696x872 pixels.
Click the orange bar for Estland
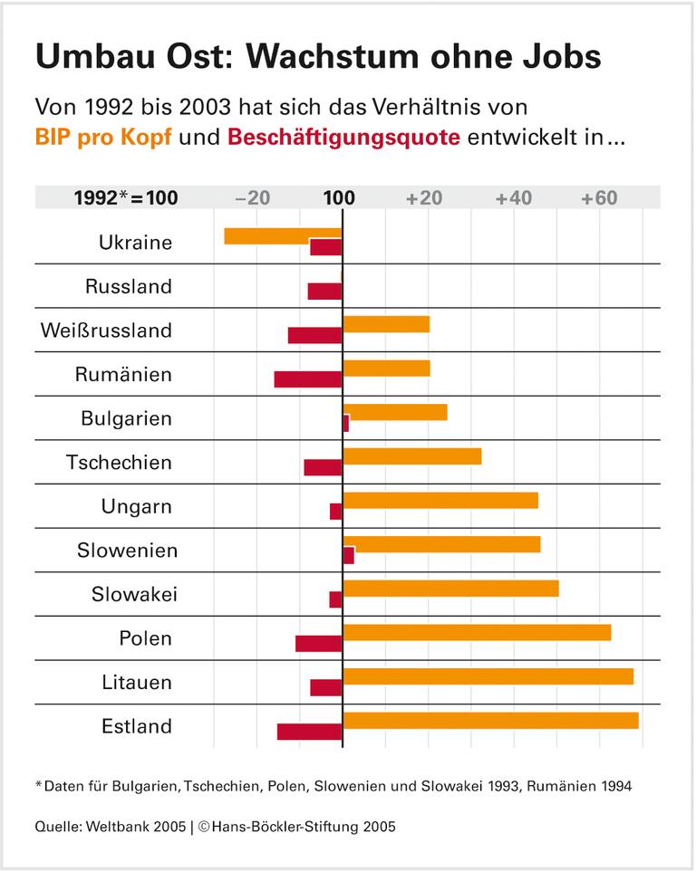(x=490, y=721)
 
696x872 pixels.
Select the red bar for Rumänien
(x=308, y=379)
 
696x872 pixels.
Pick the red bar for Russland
(x=324, y=292)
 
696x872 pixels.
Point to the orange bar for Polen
(x=477, y=632)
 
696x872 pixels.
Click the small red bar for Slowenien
(x=349, y=556)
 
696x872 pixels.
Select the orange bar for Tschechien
(x=412, y=455)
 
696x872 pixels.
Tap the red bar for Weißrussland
(x=314, y=335)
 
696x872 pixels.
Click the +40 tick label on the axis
(x=514, y=198)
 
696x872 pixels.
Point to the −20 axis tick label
(x=252, y=198)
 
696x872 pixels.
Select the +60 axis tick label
(x=599, y=198)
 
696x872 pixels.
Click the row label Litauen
(x=136, y=683)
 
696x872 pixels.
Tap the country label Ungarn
(x=136, y=506)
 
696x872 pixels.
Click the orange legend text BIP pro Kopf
(x=102, y=139)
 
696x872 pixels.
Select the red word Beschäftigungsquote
(x=343, y=139)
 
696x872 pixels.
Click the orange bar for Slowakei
(x=450, y=589)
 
